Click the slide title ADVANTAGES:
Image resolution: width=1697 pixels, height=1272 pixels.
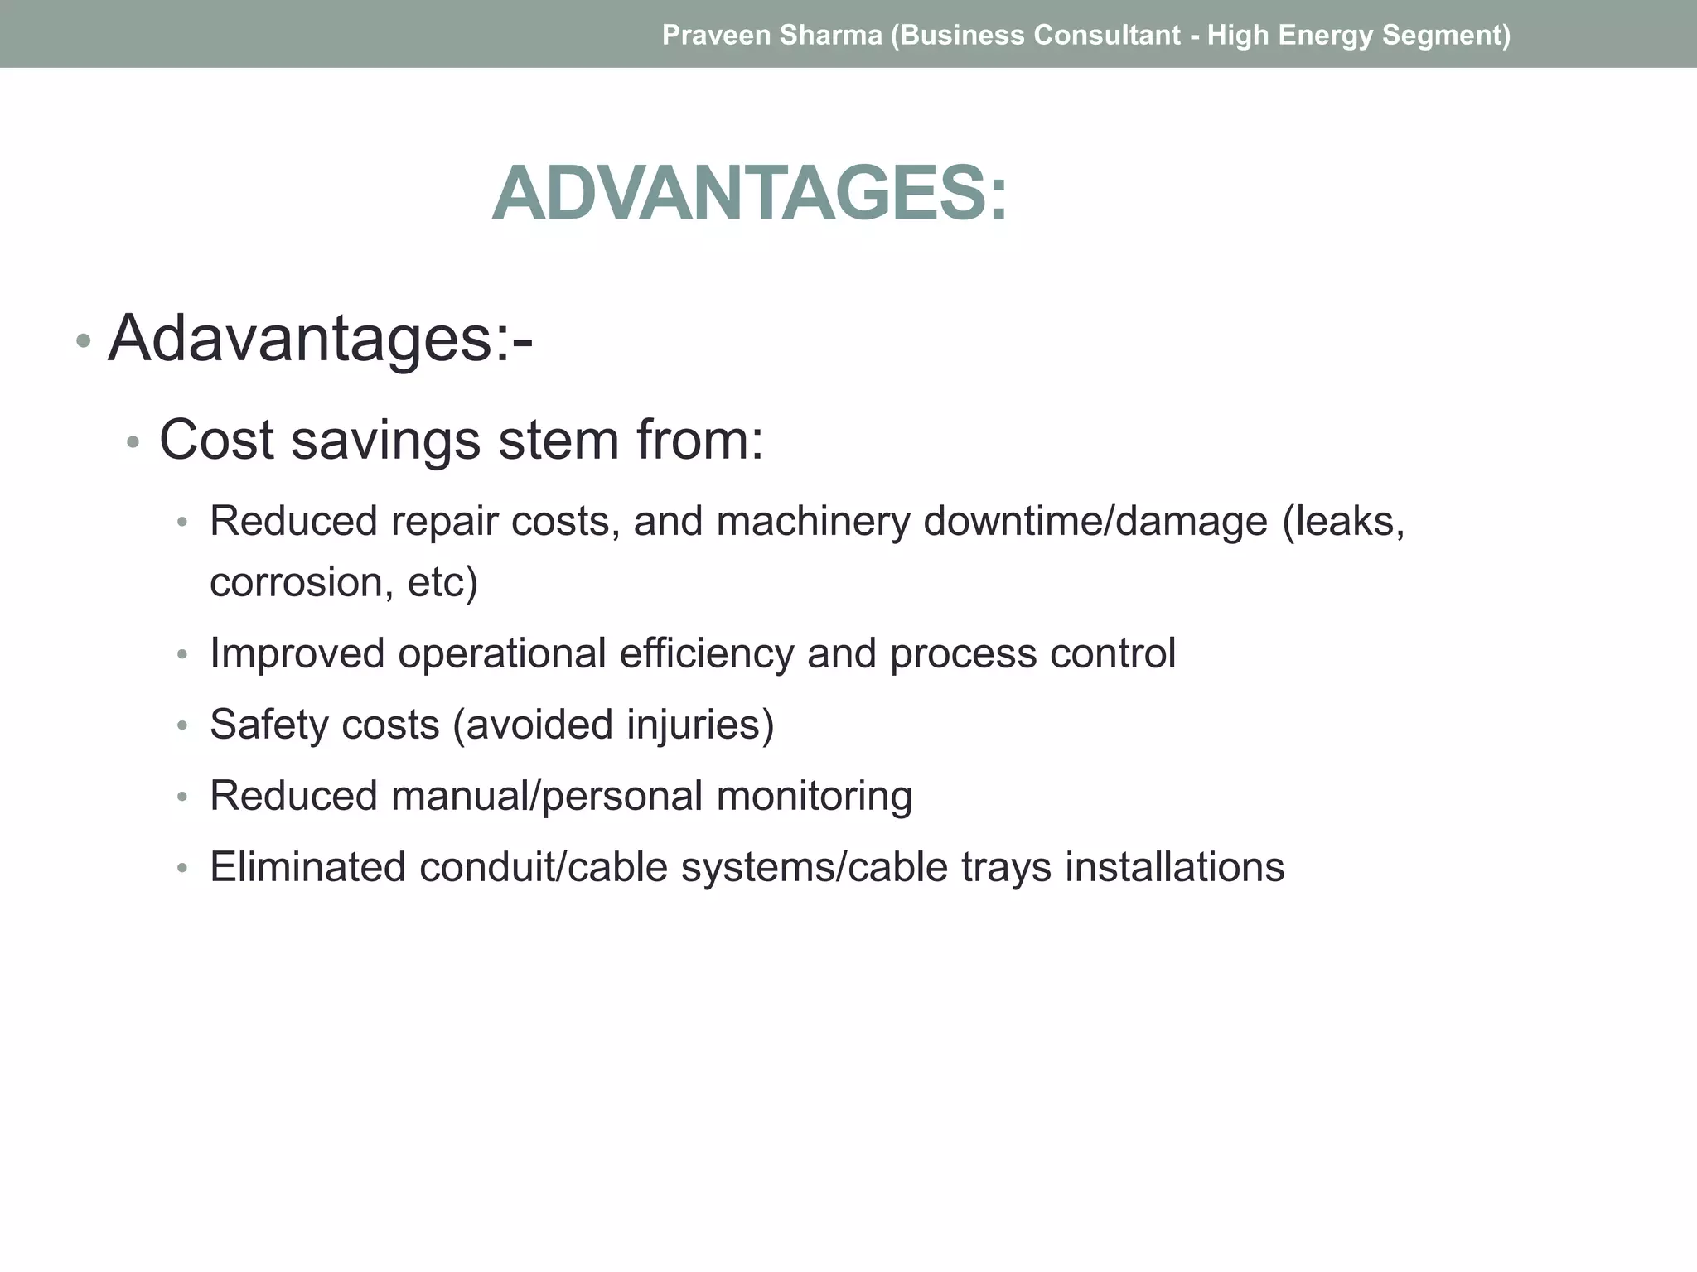750,194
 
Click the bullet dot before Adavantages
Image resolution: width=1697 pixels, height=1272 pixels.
83,341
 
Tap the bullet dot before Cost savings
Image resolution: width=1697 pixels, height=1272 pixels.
133,443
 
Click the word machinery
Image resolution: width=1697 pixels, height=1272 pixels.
812,522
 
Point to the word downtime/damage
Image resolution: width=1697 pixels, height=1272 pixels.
1095,522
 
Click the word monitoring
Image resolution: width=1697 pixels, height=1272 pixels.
814,796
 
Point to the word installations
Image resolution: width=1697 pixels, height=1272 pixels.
1174,867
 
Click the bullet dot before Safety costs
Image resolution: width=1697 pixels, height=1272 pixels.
183,726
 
